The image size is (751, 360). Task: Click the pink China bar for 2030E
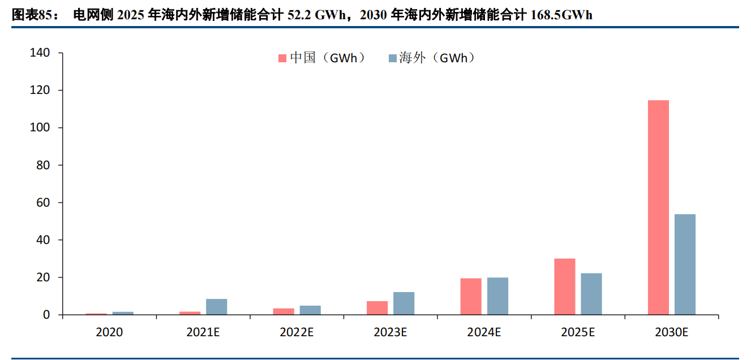point(658,207)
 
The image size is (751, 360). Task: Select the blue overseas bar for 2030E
point(685,264)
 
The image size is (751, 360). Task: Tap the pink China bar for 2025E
point(564,286)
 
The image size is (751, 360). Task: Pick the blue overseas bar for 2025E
point(591,294)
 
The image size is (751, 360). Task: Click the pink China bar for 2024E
point(471,296)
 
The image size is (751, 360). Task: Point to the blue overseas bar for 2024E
point(497,296)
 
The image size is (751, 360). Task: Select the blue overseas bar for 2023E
point(404,303)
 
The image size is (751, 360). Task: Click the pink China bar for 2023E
point(377,308)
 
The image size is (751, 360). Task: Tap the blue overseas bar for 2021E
point(216,307)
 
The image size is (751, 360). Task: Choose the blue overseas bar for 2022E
point(310,310)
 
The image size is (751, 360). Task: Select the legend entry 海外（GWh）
point(431,58)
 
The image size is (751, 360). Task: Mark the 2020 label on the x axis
point(109,333)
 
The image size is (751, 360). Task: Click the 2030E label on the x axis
point(672,333)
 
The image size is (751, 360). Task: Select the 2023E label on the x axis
point(390,333)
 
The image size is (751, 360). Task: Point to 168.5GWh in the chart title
point(561,15)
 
